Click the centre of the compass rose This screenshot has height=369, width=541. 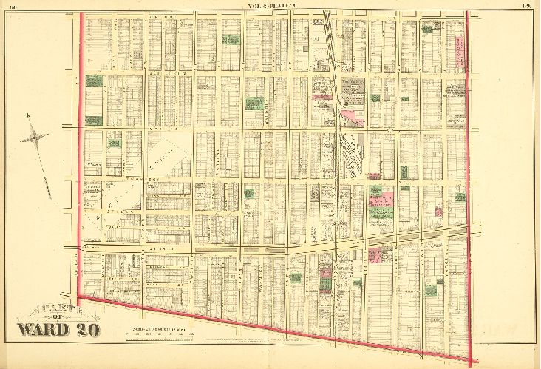pyautogui.click(x=35, y=136)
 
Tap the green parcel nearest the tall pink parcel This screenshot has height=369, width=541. pyautogui.click(x=431, y=27)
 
